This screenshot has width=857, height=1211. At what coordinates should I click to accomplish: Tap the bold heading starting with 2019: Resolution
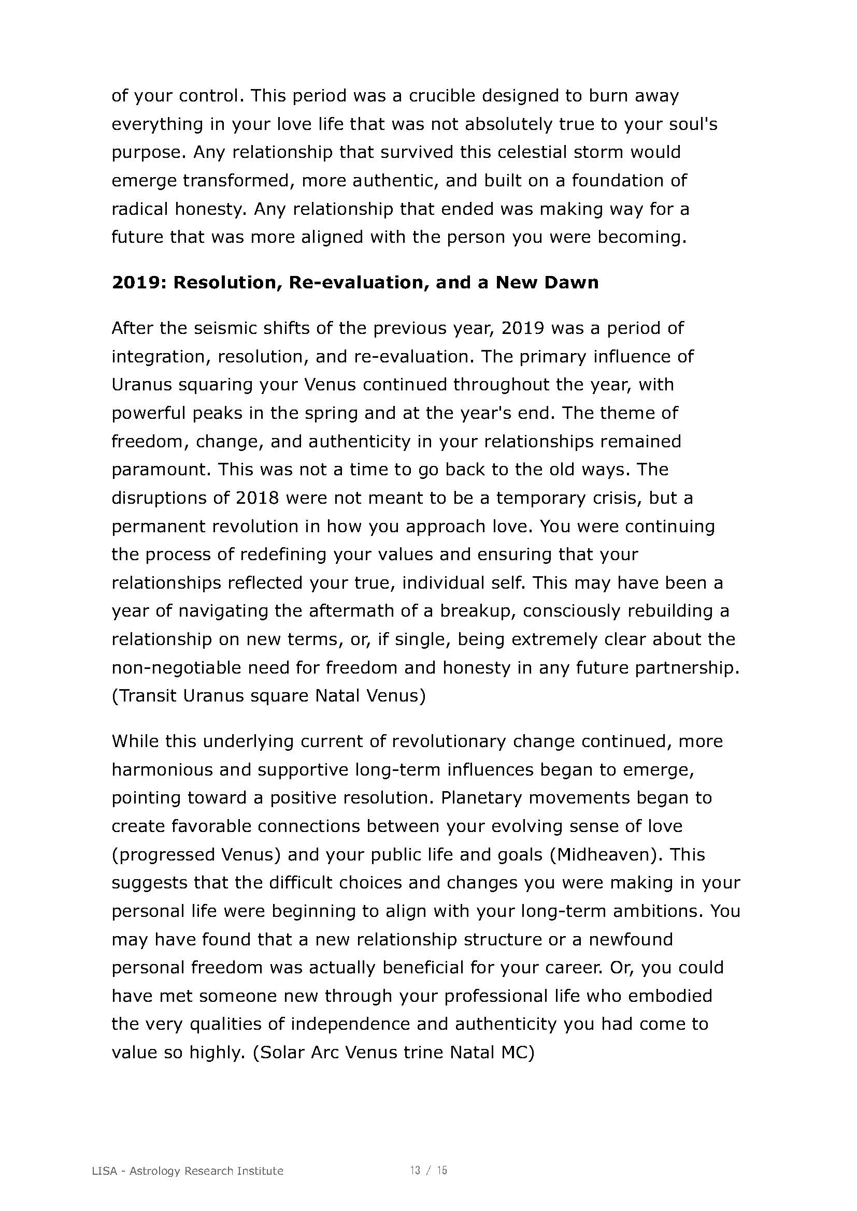click(x=354, y=283)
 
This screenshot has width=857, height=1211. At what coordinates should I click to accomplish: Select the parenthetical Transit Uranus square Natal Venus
click(x=268, y=696)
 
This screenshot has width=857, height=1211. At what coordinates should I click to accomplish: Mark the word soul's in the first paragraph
click(x=691, y=124)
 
